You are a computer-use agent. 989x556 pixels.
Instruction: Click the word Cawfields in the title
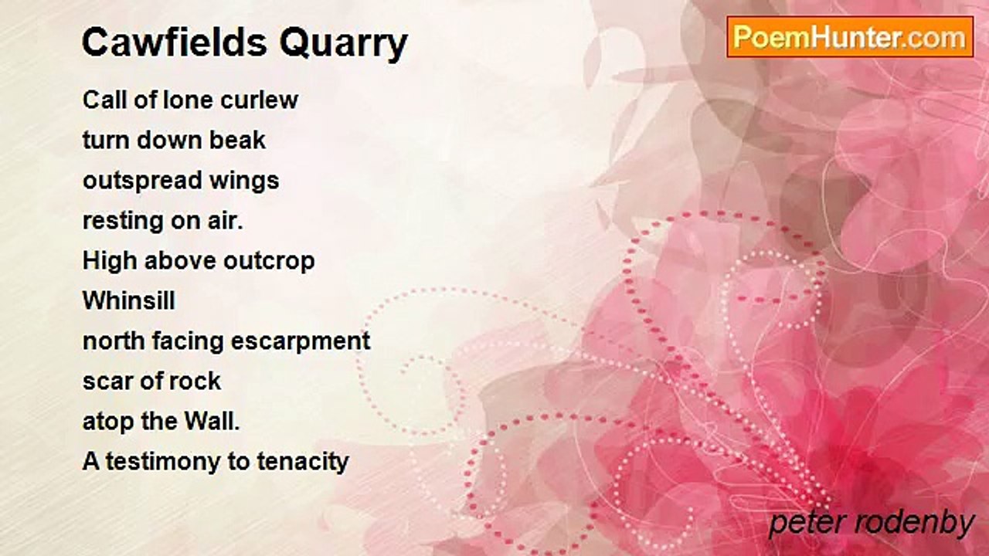(x=175, y=42)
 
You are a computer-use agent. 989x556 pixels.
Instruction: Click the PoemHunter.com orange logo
(x=850, y=37)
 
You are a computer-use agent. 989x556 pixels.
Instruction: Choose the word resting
(x=121, y=222)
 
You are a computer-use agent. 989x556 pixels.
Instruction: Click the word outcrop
(x=269, y=262)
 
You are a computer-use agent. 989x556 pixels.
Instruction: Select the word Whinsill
(x=129, y=300)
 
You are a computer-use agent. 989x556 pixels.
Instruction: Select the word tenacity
(x=303, y=463)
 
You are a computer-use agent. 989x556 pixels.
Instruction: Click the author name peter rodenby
(x=872, y=524)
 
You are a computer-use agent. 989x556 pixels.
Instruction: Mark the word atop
(x=109, y=422)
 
